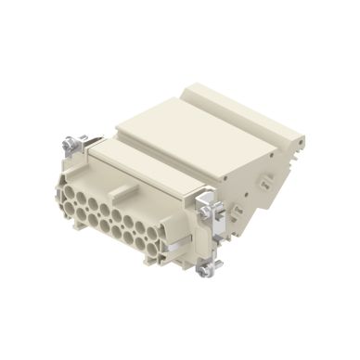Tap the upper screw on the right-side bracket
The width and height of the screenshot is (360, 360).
[x=210, y=199]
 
